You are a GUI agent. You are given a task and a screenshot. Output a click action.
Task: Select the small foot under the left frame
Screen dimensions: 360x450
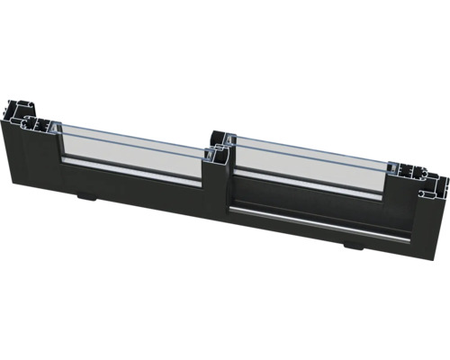tap(85, 195)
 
